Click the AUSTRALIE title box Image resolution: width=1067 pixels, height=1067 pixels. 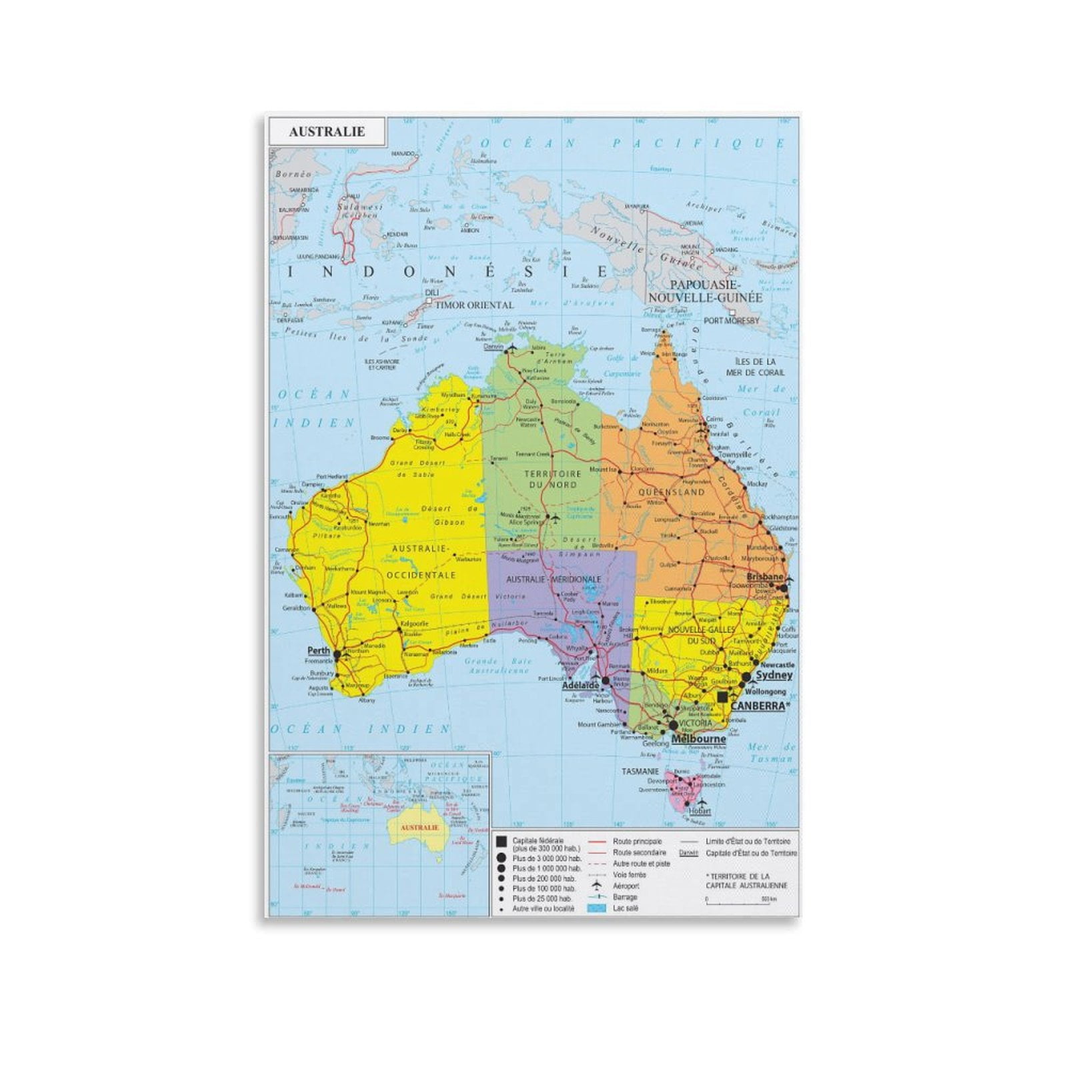[327, 131]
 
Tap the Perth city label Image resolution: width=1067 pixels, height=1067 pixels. [319, 650]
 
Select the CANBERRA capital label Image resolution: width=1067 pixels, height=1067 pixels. [758, 706]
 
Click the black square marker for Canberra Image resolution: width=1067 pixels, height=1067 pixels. [723, 696]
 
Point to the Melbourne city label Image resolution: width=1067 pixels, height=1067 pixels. [698, 739]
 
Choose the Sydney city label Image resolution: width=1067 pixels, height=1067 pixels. [774, 675]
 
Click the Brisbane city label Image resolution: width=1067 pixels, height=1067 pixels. [764, 576]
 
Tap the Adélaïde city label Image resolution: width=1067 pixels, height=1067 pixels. [580, 685]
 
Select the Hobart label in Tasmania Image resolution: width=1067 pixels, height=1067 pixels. [700, 812]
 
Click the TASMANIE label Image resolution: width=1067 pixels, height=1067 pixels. [640, 772]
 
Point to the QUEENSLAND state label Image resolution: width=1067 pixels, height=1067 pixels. [672, 491]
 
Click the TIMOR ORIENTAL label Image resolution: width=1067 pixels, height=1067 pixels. [474, 305]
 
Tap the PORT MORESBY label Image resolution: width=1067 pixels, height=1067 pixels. [732, 320]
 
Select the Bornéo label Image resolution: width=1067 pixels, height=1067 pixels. [293, 174]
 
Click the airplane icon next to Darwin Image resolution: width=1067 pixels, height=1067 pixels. [511, 347]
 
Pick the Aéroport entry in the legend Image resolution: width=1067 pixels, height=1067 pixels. [626, 886]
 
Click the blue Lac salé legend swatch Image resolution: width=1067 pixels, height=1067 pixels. [597, 908]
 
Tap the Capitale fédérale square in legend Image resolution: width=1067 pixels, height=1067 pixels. [501, 842]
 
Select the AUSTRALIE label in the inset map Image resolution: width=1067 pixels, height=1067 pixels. [419, 827]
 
